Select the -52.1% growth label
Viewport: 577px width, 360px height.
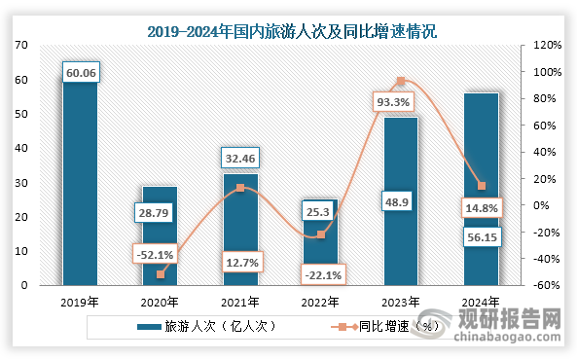pos(157,254)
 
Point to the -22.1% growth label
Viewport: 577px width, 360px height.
pos(319,276)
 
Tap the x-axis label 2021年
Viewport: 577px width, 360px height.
pos(241,302)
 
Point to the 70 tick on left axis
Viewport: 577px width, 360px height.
pos(21,46)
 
